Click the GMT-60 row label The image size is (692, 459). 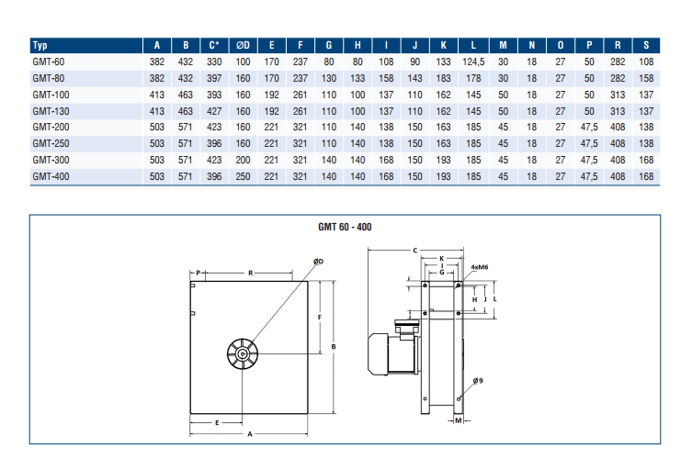(49, 62)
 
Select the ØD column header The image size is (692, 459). (243, 45)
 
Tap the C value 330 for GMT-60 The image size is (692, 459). (214, 62)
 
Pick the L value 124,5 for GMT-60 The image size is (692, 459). (473, 62)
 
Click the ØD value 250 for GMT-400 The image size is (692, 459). (243, 176)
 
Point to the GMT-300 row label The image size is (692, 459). (51, 160)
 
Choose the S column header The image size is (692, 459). (646, 45)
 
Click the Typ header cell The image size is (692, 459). (40, 45)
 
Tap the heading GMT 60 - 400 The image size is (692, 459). (345, 227)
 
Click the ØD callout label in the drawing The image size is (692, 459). (318, 262)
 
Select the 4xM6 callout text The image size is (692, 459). (480, 267)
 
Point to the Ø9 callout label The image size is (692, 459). (478, 381)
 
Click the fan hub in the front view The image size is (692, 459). (243, 353)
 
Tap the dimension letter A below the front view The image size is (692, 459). (250, 434)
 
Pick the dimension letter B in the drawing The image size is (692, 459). (334, 347)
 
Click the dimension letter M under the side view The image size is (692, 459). (458, 420)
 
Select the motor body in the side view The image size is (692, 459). (391, 354)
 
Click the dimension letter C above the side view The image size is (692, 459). (414, 251)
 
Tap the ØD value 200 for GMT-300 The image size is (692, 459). (243, 160)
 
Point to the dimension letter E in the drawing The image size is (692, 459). (217, 423)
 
